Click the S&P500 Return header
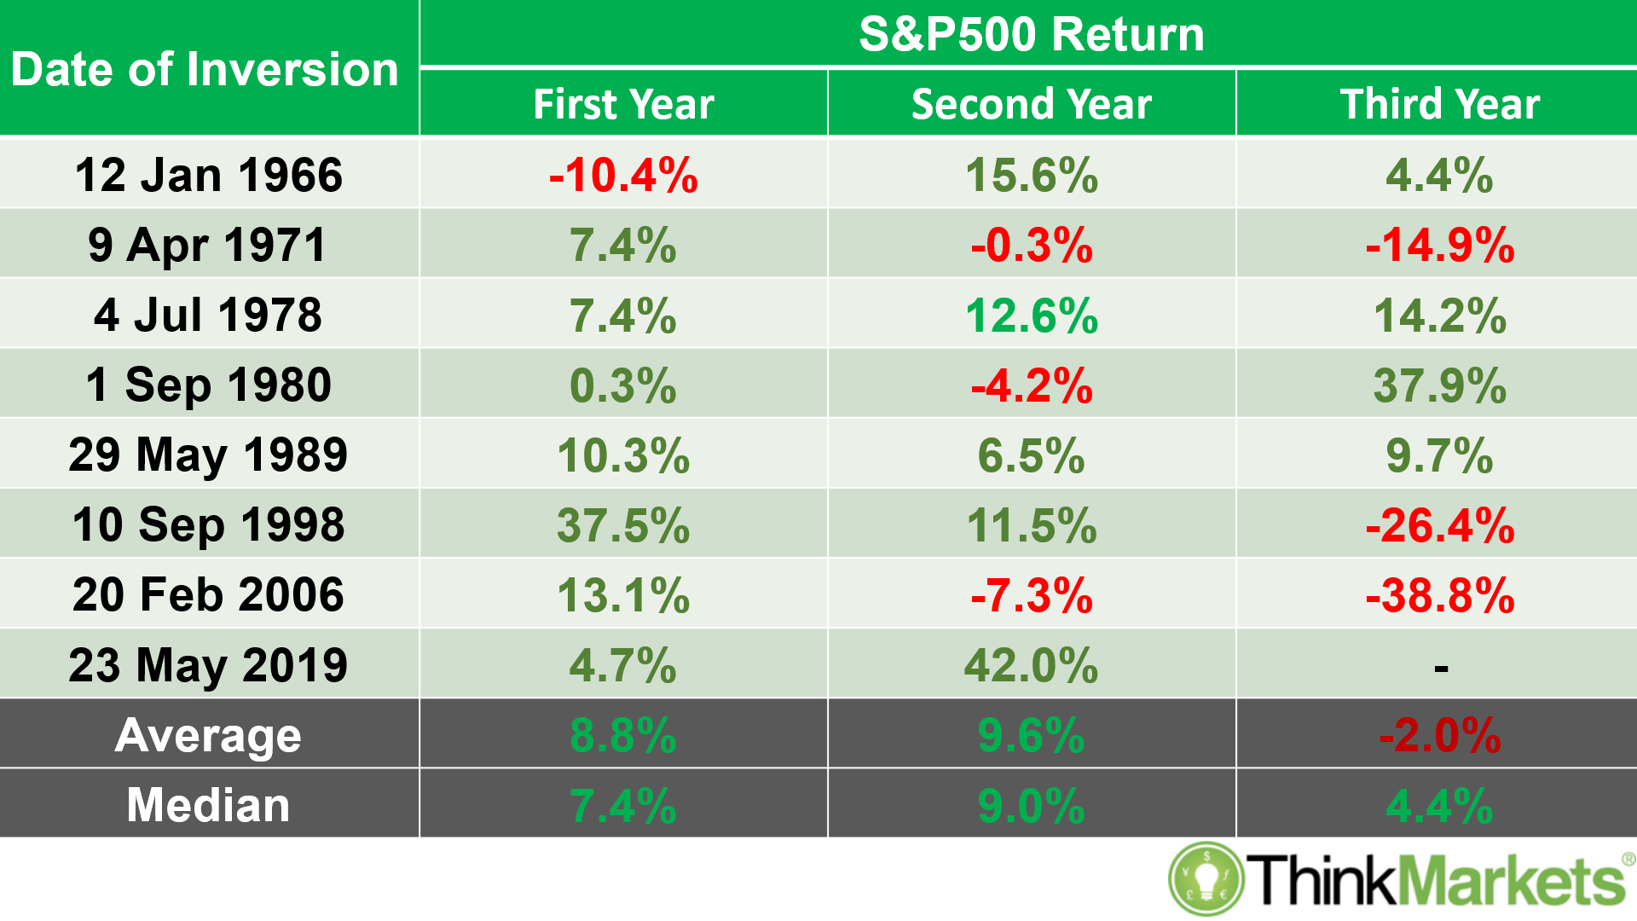(x=1031, y=34)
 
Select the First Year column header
(x=623, y=104)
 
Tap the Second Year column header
(x=1031, y=104)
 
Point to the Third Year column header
(x=1439, y=104)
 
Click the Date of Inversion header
(x=205, y=69)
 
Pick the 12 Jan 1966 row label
(x=208, y=175)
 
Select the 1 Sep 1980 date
(x=208, y=385)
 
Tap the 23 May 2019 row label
(x=208, y=665)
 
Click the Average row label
(x=208, y=735)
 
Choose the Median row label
(x=208, y=805)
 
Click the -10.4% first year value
(x=623, y=175)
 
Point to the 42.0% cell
(x=1031, y=665)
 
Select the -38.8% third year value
(x=1439, y=595)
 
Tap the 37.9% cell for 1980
(x=1439, y=385)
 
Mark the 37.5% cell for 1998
(x=623, y=524)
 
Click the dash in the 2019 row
(x=1441, y=668)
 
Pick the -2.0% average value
(x=1439, y=735)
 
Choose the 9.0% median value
(x=1031, y=805)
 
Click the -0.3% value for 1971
(x=1031, y=246)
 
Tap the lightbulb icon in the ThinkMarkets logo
(x=1206, y=878)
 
